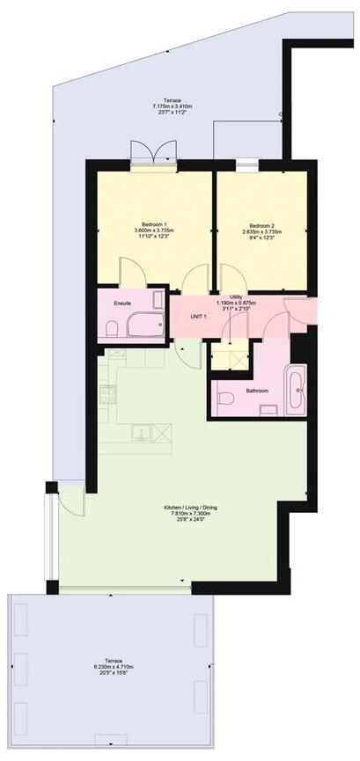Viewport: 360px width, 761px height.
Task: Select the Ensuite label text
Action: coord(122,303)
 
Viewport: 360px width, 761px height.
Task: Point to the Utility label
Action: coord(237,297)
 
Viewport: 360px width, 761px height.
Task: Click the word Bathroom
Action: coord(257,391)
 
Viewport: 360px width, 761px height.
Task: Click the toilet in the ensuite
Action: coord(112,328)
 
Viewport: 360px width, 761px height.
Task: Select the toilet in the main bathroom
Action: coord(224,399)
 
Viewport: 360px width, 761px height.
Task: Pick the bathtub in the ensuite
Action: coord(146,326)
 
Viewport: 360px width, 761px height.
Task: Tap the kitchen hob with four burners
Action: coord(107,395)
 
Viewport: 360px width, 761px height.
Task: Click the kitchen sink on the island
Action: coord(141,432)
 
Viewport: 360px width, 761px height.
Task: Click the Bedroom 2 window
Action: coord(247,164)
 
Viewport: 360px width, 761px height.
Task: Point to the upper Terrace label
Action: coord(165,101)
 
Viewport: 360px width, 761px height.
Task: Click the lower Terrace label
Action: coord(111,661)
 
